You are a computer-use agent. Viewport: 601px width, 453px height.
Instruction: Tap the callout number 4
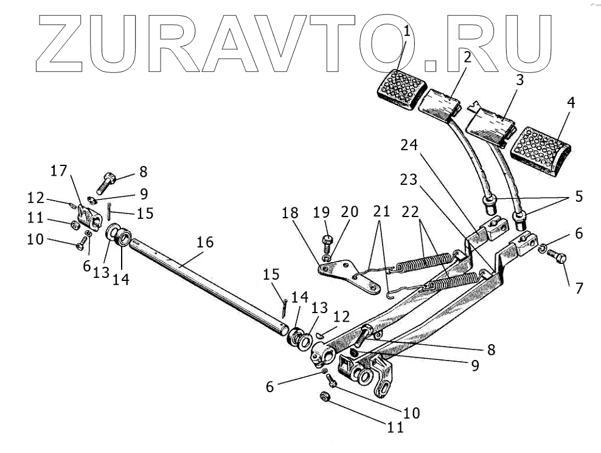pyautogui.click(x=570, y=103)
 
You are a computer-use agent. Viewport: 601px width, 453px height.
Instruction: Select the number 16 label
pyautogui.click(x=205, y=242)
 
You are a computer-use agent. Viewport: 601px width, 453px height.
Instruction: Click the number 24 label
pyautogui.click(x=409, y=146)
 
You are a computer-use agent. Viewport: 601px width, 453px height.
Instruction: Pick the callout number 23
pyautogui.click(x=409, y=180)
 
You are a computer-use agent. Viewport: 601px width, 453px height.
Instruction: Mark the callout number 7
pyautogui.click(x=578, y=287)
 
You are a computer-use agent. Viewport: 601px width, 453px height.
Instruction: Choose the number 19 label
pyautogui.click(x=322, y=213)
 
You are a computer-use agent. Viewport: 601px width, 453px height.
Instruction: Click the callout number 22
pyautogui.click(x=411, y=213)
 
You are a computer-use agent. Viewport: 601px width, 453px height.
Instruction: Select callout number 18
pyautogui.click(x=290, y=213)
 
